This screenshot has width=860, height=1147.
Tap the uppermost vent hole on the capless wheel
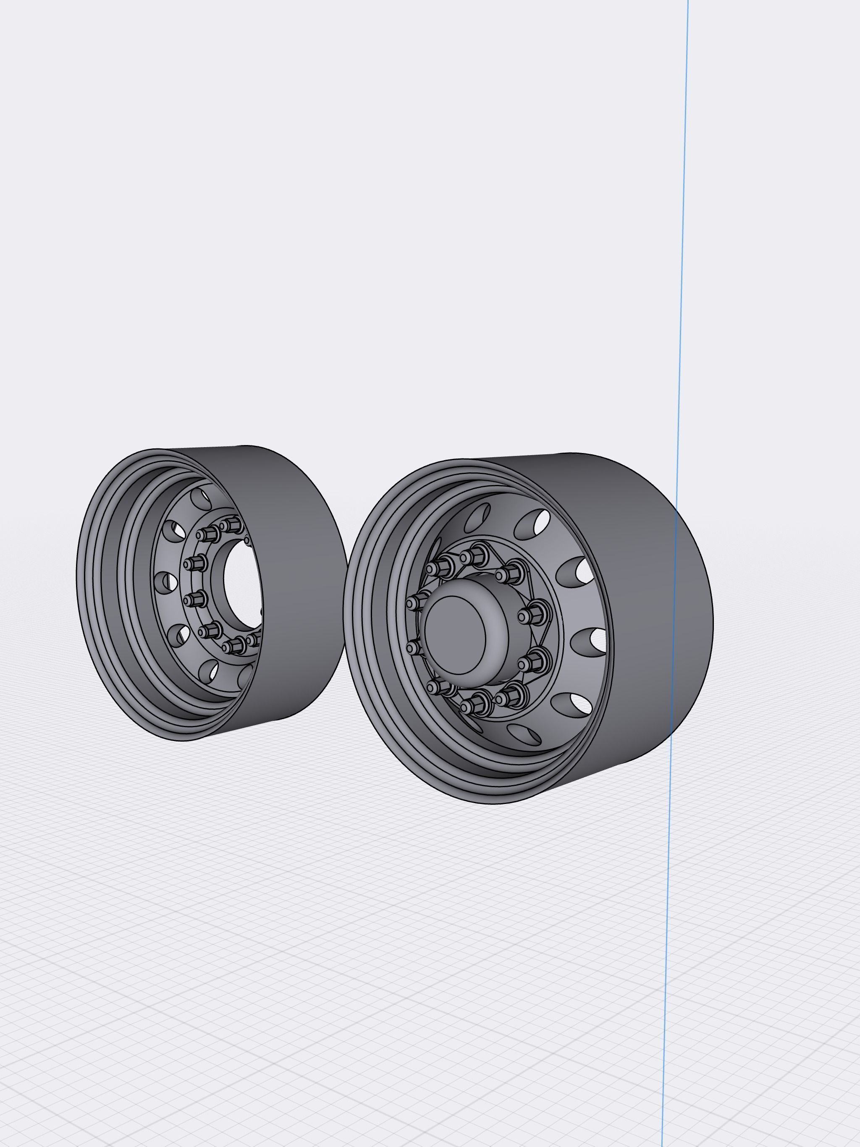(x=201, y=498)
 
